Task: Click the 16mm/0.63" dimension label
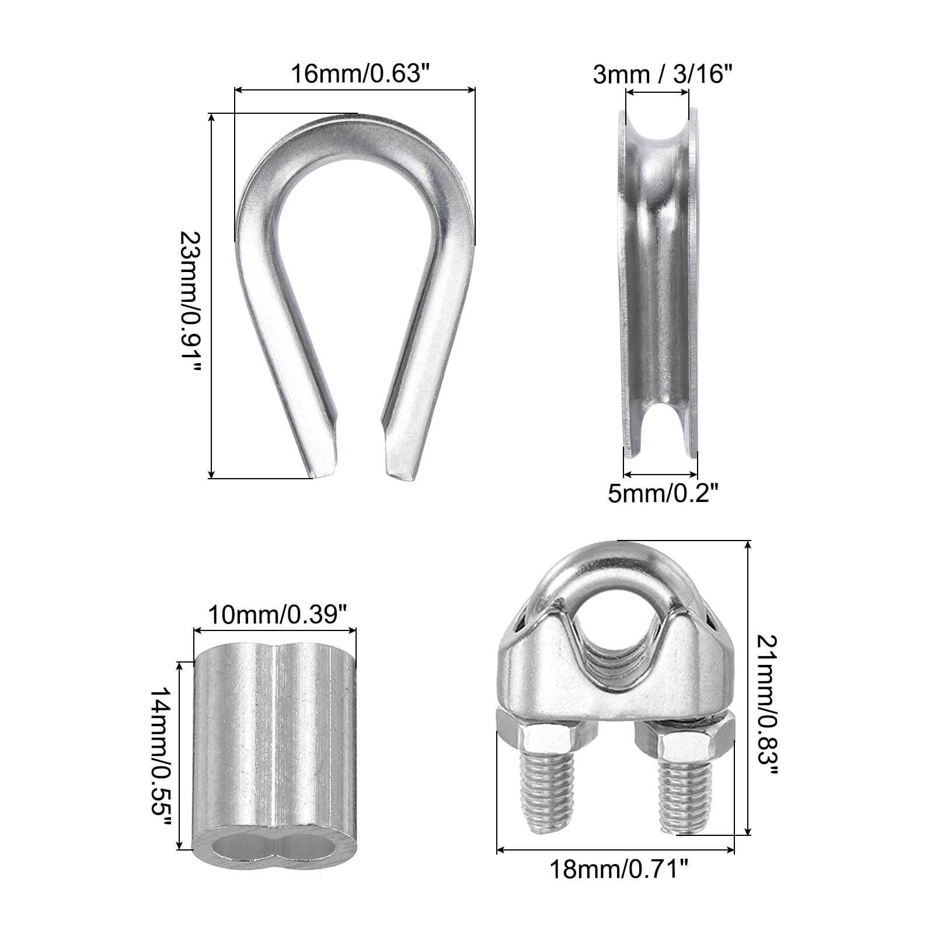(x=356, y=74)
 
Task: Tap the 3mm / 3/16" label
(x=663, y=74)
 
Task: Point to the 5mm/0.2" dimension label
(x=663, y=494)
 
